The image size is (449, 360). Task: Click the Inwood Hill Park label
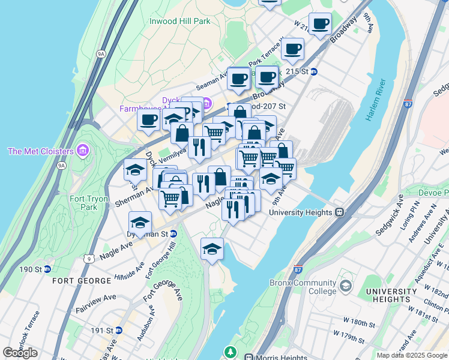[179, 21]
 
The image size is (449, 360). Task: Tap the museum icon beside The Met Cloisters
[83, 150]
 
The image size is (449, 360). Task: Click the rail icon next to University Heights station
[339, 212]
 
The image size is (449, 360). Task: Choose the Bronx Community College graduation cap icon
[345, 287]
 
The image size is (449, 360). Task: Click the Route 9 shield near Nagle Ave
[89, 259]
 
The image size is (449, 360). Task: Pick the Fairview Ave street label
[96, 304]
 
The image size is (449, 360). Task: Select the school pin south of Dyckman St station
[211, 250]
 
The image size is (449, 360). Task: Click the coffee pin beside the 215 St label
[267, 79]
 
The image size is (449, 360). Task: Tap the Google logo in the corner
[20, 352]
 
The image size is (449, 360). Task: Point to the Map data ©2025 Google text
[412, 355]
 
